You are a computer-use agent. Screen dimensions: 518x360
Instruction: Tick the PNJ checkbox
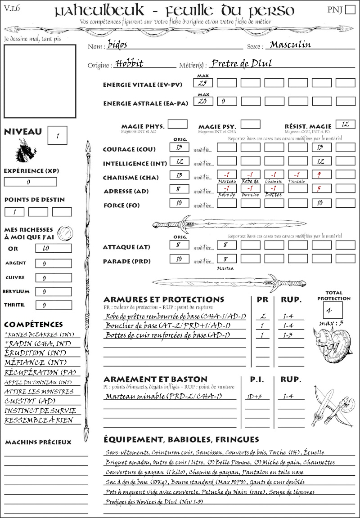tap(349, 10)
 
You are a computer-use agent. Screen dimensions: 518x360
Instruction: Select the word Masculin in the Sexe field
tap(290, 45)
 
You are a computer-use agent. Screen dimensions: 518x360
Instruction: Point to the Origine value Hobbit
tap(129, 63)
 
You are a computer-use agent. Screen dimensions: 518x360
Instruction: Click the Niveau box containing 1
tap(58, 134)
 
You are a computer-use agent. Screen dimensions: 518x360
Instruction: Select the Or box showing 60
tap(53, 248)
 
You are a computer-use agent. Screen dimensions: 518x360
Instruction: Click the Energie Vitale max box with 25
tap(203, 83)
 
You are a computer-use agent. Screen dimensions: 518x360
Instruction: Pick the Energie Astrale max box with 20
tap(203, 101)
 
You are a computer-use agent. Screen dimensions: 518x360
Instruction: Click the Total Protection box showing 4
tap(333, 310)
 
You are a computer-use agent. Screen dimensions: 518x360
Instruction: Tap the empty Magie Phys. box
tap(178, 124)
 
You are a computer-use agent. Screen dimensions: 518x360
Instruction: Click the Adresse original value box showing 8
tap(179, 189)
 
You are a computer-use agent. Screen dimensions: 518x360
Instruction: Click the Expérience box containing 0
tap(31, 182)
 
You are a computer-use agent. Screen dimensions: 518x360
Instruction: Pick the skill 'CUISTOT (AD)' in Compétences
tap(30, 401)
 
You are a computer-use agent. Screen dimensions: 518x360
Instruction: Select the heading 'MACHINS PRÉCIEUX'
tap(38, 442)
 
